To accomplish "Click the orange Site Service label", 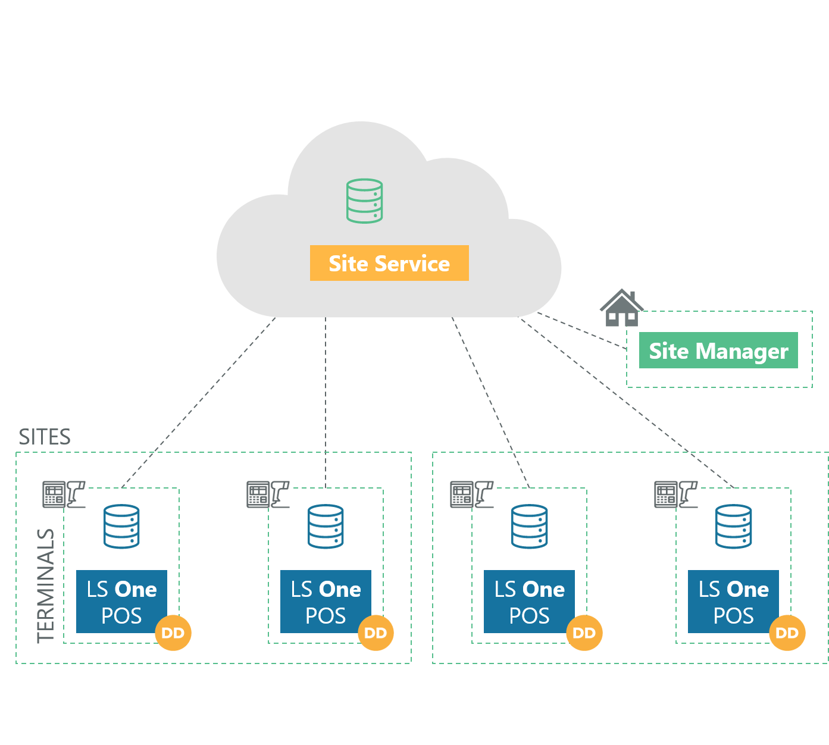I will (x=389, y=263).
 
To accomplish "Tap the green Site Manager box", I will (x=718, y=350).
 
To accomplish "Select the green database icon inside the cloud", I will (x=364, y=201).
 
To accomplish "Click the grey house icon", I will (x=621, y=308).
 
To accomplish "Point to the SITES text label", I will (x=45, y=437).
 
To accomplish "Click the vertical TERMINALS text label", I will (x=45, y=586).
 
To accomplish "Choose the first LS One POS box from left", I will (x=121, y=601).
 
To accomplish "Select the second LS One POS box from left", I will (x=326, y=601).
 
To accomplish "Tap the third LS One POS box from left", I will (x=529, y=601).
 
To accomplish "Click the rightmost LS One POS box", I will (x=733, y=601).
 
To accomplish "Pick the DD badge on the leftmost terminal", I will (x=173, y=633).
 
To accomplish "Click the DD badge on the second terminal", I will (x=376, y=633).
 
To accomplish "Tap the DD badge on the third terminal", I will (x=584, y=633).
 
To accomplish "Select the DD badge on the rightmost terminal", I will (x=787, y=633).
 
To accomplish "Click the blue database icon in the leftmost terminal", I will (x=121, y=527).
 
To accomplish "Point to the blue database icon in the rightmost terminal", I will (x=733, y=527).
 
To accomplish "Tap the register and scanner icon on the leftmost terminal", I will (x=64, y=494).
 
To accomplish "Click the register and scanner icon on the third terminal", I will (x=472, y=494).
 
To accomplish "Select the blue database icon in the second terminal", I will (x=326, y=527).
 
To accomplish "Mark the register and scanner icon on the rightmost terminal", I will (x=676, y=494).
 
